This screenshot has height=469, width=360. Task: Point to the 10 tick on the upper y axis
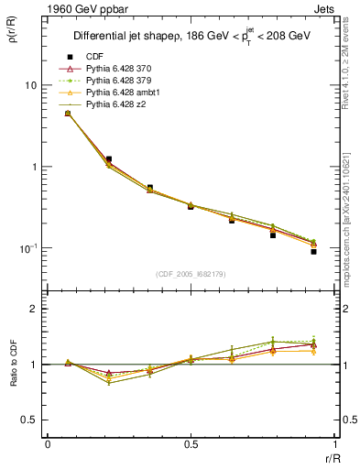pos(30,85)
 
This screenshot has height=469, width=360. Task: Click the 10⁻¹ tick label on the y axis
pos(27,248)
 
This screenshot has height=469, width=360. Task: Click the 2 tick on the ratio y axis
pos(33,310)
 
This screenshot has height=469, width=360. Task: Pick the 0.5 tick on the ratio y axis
pos(29,420)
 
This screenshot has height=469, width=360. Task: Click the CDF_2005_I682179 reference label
pos(191,274)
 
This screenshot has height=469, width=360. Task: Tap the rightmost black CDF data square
pos(313,251)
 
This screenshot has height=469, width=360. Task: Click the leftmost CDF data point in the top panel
pos(68,114)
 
